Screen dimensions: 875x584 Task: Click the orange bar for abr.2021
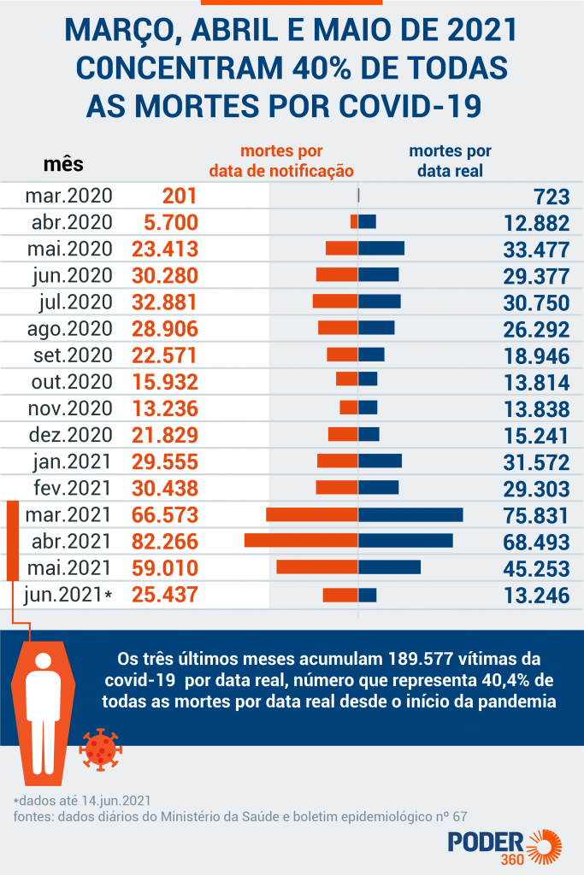coord(300,541)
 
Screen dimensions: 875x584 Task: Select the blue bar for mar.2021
coord(410,514)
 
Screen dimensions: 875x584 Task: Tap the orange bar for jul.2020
coord(334,301)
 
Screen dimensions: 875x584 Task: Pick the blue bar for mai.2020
coord(381,248)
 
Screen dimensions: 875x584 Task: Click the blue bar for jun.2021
coord(368,595)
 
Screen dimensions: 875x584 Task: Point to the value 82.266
coord(165,542)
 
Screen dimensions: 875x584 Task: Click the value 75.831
coord(536,515)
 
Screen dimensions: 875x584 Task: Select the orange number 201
coord(180,196)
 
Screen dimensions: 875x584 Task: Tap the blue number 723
coord(552,197)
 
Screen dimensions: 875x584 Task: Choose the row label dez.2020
coord(69,435)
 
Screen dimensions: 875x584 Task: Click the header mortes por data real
coord(450,161)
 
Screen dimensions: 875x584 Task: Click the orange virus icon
coord(97,749)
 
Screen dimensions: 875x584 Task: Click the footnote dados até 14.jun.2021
coord(82,801)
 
